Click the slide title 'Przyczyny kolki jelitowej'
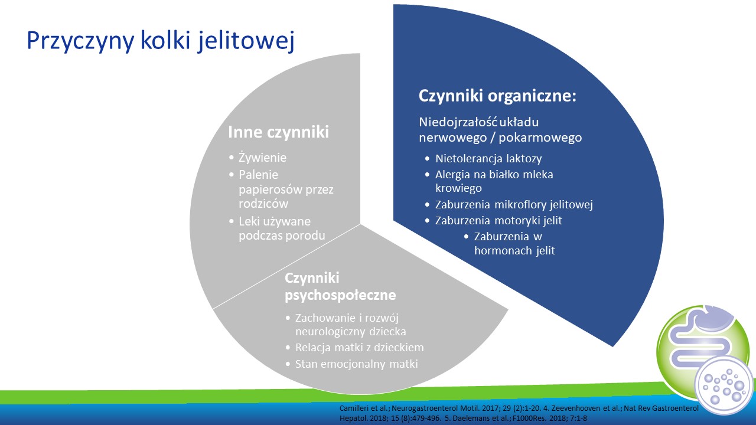coord(161,41)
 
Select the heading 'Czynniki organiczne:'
coord(497,96)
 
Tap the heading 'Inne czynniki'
coord(278,132)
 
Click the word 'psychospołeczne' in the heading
coord(340,296)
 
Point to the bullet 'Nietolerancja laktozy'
coord(488,158)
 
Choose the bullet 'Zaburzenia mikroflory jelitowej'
coord(514,205)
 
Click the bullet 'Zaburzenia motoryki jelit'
coord(498,220)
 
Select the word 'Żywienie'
coord(262,158)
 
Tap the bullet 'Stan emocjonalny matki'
coord(356,364)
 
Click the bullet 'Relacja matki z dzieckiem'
coord(360,348)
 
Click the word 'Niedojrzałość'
coord(458,122)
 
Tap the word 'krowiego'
coord(458,188)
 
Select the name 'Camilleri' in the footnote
coord(353,408)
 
